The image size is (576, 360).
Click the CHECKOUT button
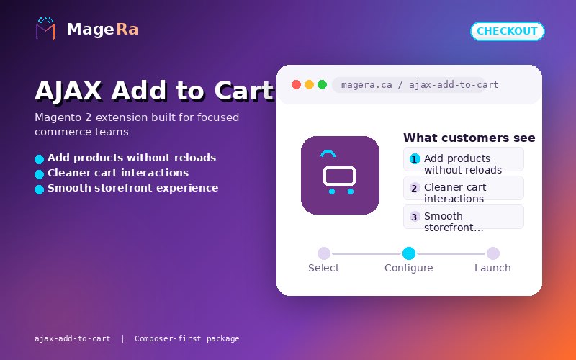508,31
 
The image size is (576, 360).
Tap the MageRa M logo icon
45,28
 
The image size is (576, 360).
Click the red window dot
296,84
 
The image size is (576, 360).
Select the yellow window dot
310,84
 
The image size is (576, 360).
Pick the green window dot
322,84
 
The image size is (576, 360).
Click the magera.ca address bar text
420,85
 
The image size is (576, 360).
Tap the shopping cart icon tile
340,175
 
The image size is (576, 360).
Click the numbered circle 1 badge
415,159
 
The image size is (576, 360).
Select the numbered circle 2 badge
415,188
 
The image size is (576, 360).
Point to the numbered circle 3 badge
415,217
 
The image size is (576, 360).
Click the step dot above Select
324,253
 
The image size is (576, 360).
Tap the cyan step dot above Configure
409,253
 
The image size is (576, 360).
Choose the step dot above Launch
493,253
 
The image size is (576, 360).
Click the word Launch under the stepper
492,268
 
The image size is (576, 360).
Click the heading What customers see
469,138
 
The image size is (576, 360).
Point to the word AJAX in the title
68,91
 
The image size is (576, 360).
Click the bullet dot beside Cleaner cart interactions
40,174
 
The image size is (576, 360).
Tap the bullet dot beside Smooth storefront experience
40,189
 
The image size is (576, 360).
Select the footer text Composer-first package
187,338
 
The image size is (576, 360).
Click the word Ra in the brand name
127,30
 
